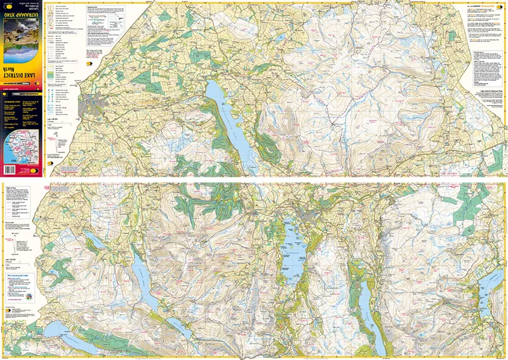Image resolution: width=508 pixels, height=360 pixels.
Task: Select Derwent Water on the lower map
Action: tap(293, 244)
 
